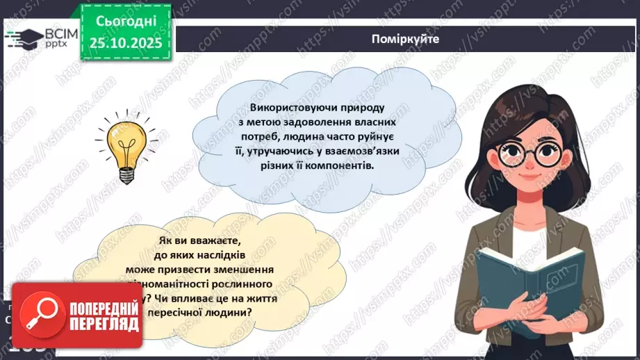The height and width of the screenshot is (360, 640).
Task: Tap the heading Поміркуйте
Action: tap(405, 39)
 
